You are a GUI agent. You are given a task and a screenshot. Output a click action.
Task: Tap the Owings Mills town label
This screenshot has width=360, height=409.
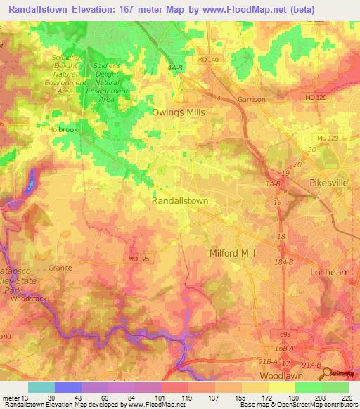pyautogui.click(x=179, y=112)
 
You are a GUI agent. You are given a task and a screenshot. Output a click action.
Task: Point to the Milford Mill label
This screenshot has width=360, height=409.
pyautogui.click(x=233, y=253)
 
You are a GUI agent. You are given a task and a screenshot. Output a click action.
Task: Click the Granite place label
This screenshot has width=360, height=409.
pyautogui.click(x=62, y=268)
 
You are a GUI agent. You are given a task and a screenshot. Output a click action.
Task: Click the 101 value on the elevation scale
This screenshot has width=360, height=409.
pyautogui.click(x=160, y=398)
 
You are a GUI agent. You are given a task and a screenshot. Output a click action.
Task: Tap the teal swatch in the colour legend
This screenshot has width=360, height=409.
pyautogui.click(x=41, y=387)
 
